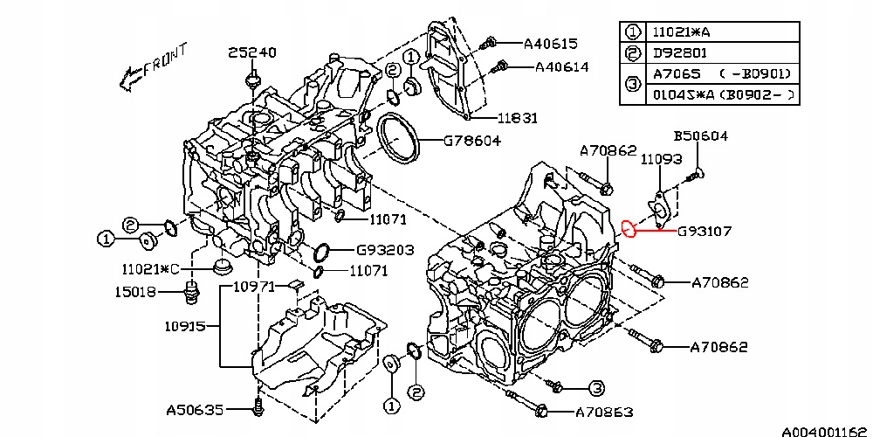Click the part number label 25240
(252, 52)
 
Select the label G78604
(472, 140)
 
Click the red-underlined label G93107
(705, 232)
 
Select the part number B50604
(700, 136)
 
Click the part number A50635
(195, 408)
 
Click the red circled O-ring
(627, 231)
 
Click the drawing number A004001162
(825, 431)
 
